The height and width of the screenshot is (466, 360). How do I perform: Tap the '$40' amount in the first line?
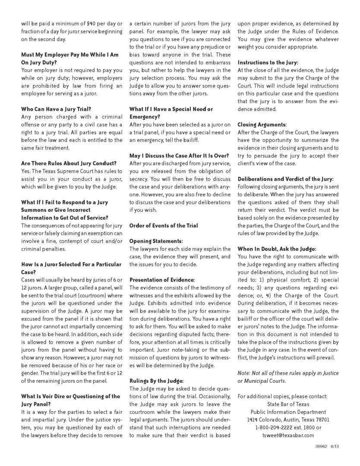[x=89, y=23]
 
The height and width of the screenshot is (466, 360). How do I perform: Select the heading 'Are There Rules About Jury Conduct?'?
[x=69, y=163]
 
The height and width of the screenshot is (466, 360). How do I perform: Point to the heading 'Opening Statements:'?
[x=156, y=241]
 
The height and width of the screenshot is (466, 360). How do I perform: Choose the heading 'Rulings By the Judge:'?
[x=157, y=381]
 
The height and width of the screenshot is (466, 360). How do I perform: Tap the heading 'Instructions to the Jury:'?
[x=268, y=63]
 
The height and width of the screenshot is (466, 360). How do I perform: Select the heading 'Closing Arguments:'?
[x=262, y=125]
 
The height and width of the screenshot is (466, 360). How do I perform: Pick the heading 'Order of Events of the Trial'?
[x=164, y=226]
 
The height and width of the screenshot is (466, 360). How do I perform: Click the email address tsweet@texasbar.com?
[x=288, y=435]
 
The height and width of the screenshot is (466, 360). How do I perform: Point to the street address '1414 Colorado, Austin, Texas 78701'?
[x=288, y=419]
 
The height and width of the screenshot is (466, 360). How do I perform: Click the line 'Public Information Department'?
[x=288, y=412]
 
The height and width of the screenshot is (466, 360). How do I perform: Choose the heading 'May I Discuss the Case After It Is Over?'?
[x=179, y=156]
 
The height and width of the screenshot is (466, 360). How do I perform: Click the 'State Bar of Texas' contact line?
[x=288, y=404]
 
